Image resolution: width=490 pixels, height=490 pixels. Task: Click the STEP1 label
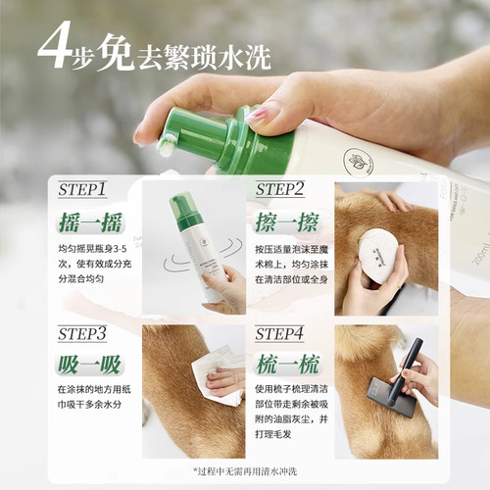pyautogui.click(x=83, y=189)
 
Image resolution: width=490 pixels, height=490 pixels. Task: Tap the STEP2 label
pyautogui.click(x=280, y=189)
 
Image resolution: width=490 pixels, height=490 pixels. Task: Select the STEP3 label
pyautogui.click(x=82, y=334)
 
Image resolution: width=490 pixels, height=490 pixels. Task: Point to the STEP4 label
pyautogui.click(x=280, y=334)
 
